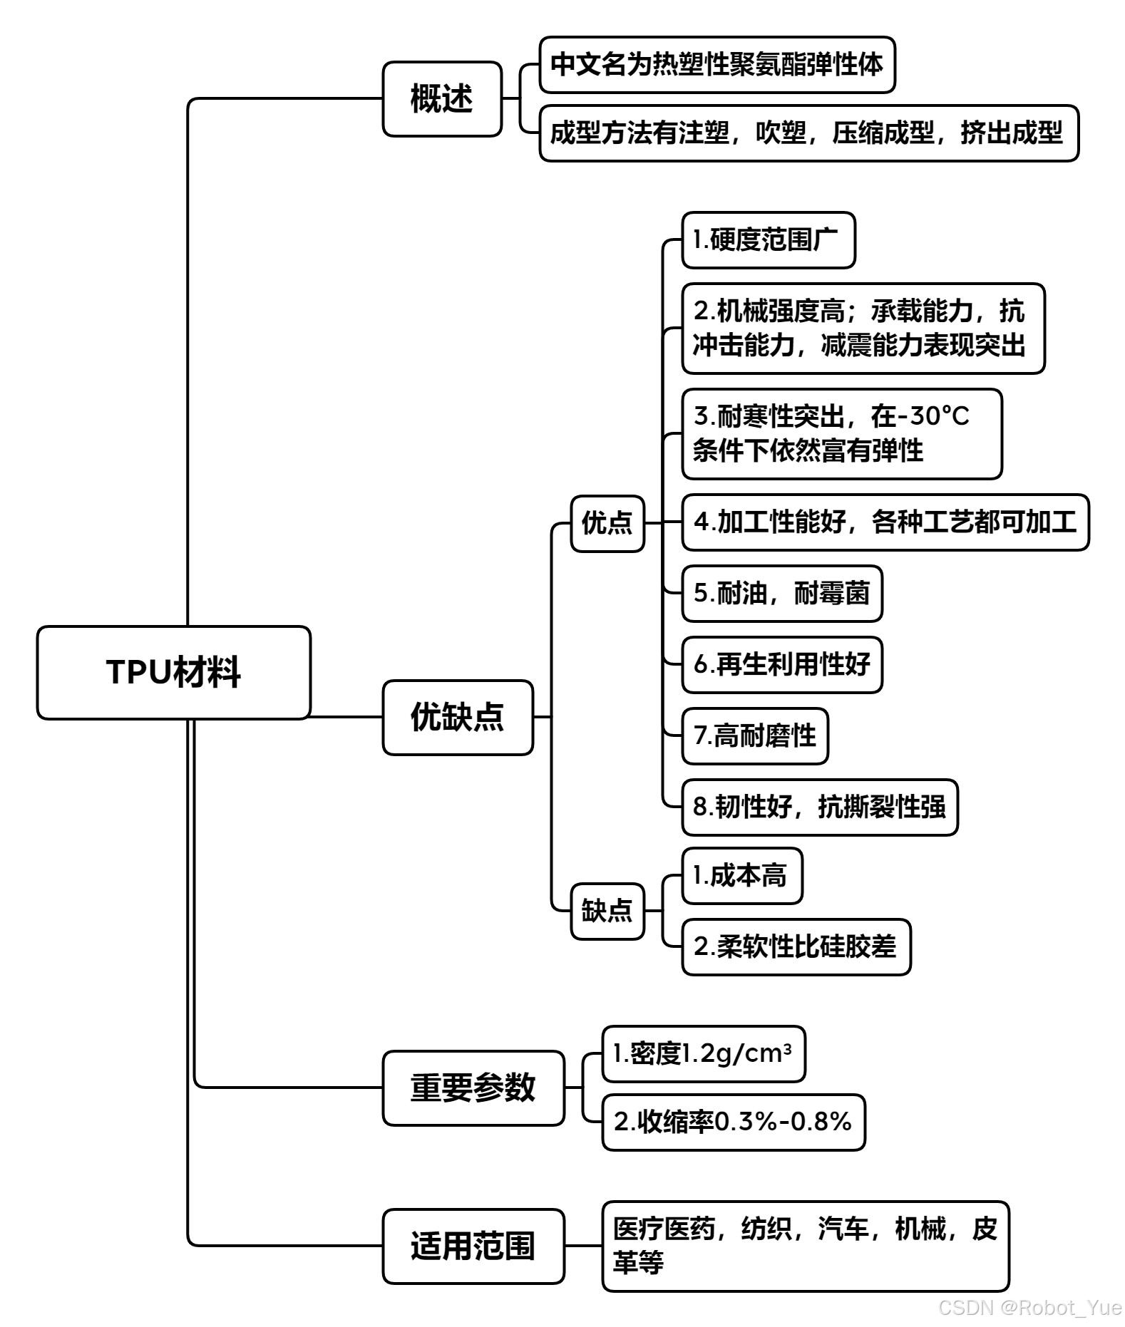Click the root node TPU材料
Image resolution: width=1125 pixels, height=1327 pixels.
pos(173,672)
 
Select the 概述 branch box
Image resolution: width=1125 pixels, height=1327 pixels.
pos(442,99)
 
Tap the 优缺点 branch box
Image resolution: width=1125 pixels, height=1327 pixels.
pos(458,717)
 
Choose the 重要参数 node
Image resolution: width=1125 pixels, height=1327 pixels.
pos(473,1088)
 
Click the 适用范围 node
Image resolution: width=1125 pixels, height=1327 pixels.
pos(473,1246)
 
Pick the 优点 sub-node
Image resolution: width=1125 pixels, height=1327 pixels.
pos(607,523)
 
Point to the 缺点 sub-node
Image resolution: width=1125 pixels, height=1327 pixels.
pos(607,911)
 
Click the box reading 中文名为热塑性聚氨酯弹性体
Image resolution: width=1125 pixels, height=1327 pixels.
pos(716,65)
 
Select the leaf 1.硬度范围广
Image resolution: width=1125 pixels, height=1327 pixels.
pos(768,240)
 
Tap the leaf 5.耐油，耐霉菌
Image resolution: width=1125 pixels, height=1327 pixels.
pos(782,594)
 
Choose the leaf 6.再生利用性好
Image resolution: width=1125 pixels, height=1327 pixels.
pos(782,665)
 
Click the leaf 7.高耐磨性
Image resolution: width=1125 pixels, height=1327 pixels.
pos(755,736)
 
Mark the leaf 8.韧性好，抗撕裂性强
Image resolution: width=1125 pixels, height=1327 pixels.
pos(820,807)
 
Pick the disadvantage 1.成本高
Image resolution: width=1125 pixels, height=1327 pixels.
pos(741,876)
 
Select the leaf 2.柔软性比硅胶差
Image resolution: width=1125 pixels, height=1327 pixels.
pos(796,947)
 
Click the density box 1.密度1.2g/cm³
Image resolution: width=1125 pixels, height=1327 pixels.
pos(703,1054)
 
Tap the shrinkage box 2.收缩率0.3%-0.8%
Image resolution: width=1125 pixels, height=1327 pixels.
pos(733,1122)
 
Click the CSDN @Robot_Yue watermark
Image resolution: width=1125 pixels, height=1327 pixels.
pos(1029,1308)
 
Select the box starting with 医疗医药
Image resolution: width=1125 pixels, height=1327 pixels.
pos(805,1246)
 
